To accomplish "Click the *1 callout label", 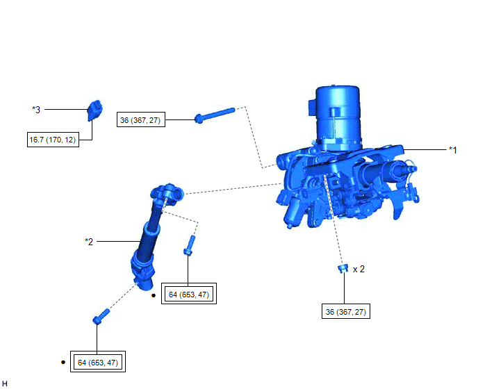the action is pos(453,150).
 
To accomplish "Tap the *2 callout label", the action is pos(89,242).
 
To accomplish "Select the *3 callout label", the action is pos(36,110).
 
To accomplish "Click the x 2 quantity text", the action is pos(358,270).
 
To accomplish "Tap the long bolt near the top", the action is pos(215,115).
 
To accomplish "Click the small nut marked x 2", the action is pos(343,269).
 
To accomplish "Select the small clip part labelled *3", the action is pos(94,110).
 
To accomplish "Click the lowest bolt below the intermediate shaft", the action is pos(101,317).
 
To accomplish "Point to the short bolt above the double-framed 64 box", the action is pos(189,245).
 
